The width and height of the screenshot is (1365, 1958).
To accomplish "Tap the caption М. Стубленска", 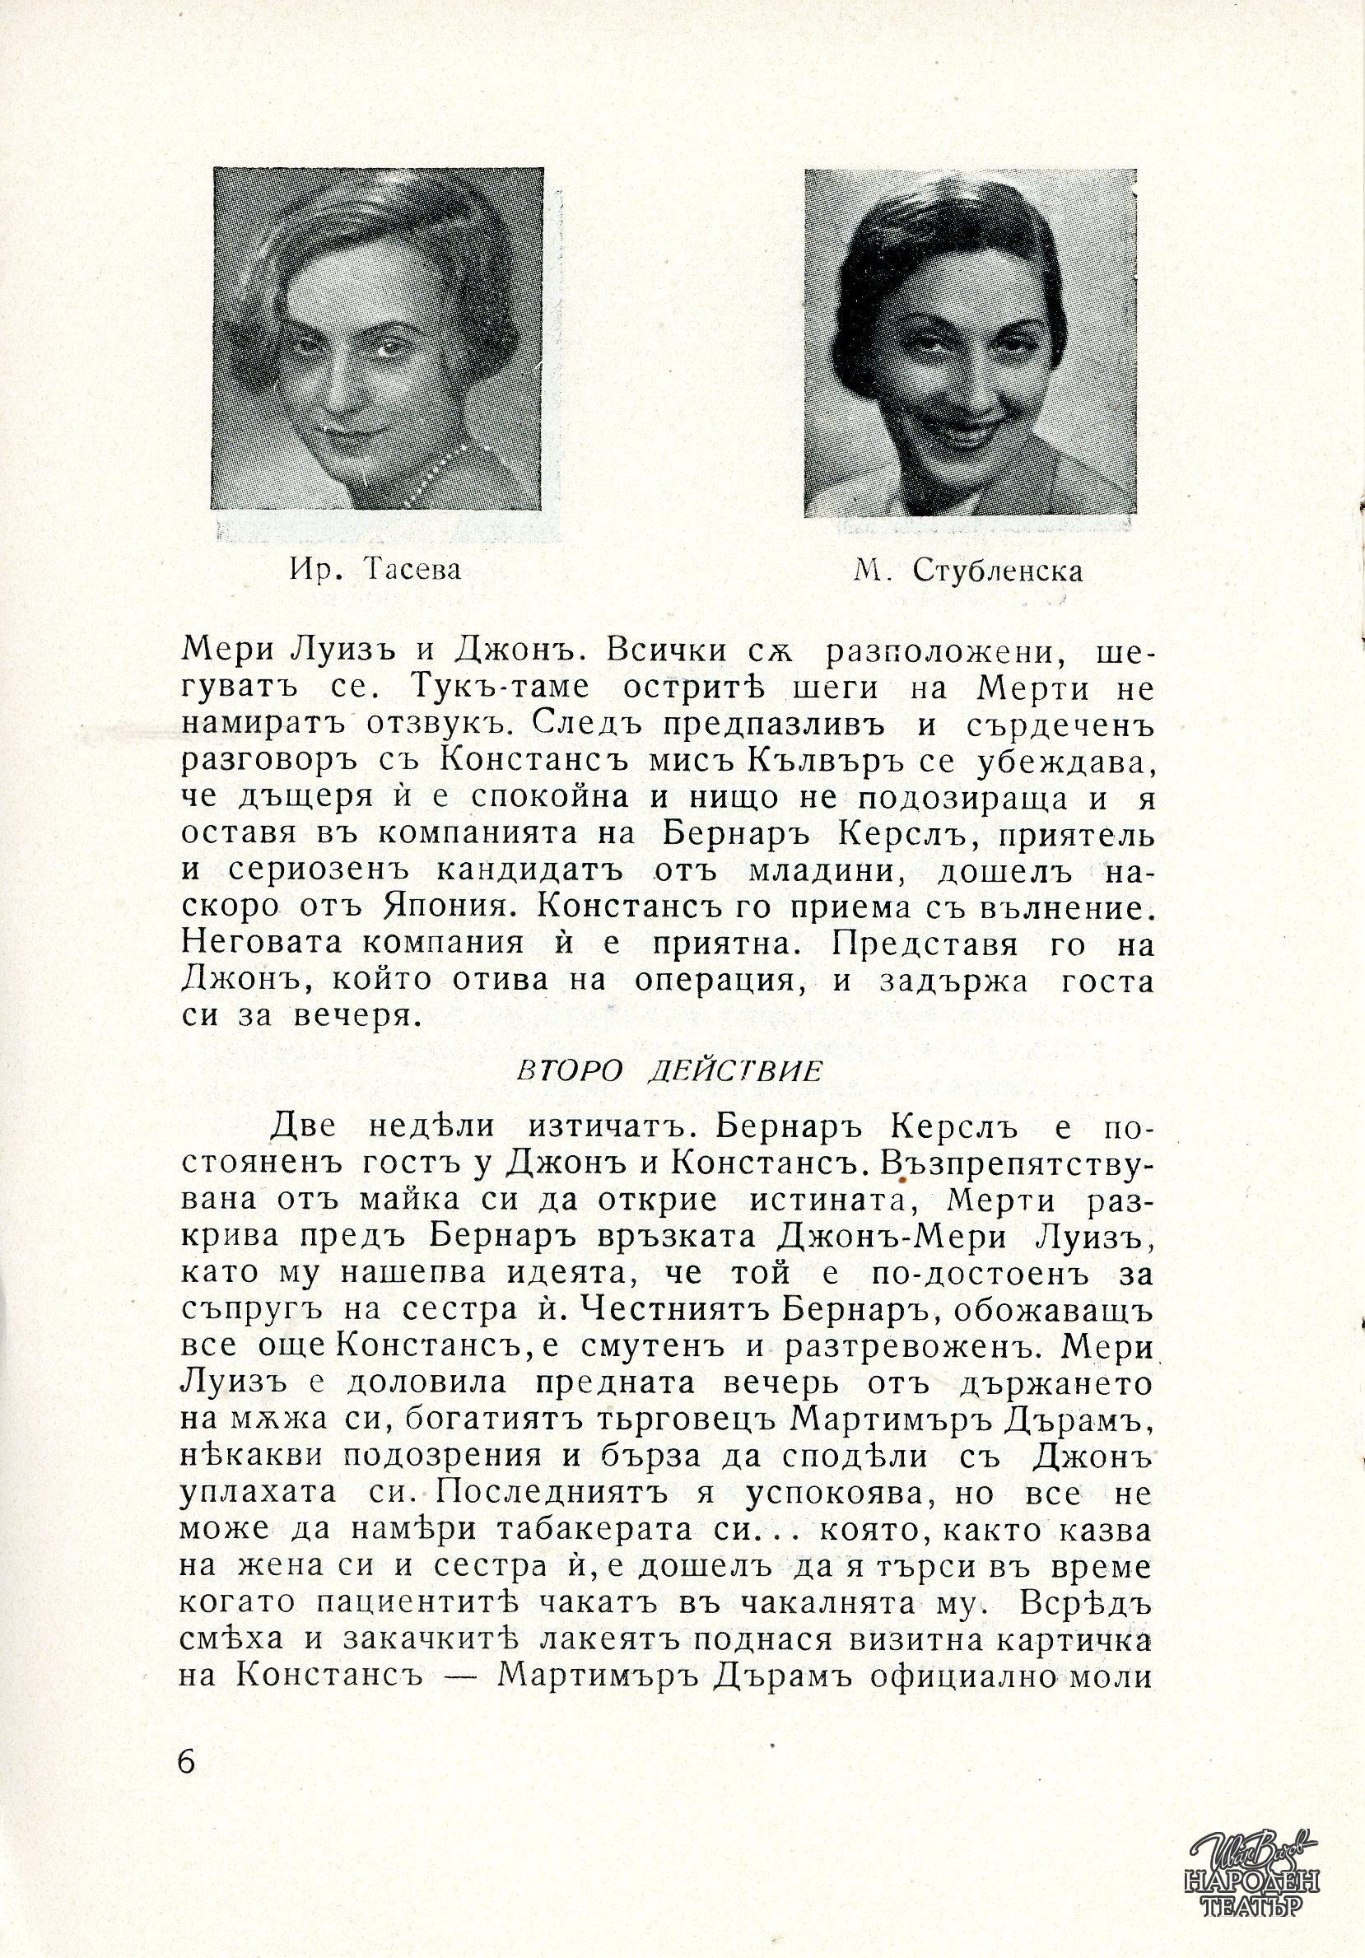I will (x=967, y=571).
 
